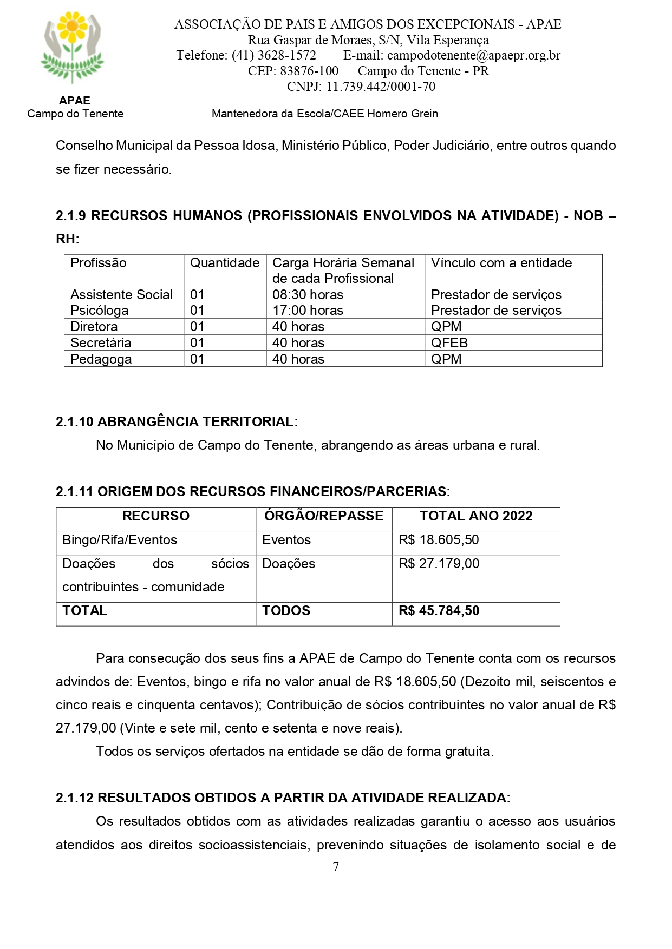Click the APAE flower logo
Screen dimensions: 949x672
73,48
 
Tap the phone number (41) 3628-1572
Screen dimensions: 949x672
273,55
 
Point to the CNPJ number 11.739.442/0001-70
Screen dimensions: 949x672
380,87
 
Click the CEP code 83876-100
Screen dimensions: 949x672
309,71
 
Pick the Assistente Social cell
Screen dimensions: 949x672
122,294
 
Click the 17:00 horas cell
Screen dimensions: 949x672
308,311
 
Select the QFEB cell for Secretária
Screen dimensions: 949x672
449,342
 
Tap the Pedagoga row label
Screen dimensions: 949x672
101,359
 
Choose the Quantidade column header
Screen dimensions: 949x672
225,263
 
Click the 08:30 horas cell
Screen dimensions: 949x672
308,294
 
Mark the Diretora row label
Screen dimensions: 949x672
94,326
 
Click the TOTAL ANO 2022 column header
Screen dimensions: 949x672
476,516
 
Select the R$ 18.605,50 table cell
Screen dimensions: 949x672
439,540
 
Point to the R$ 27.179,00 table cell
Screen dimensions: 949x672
439,564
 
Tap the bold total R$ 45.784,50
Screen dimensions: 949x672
439,611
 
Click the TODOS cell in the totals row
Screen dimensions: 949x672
286,611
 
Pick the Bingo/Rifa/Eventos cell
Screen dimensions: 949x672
120,540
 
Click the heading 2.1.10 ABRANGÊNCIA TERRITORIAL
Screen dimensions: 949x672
177,422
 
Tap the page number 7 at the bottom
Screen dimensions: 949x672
336,867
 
